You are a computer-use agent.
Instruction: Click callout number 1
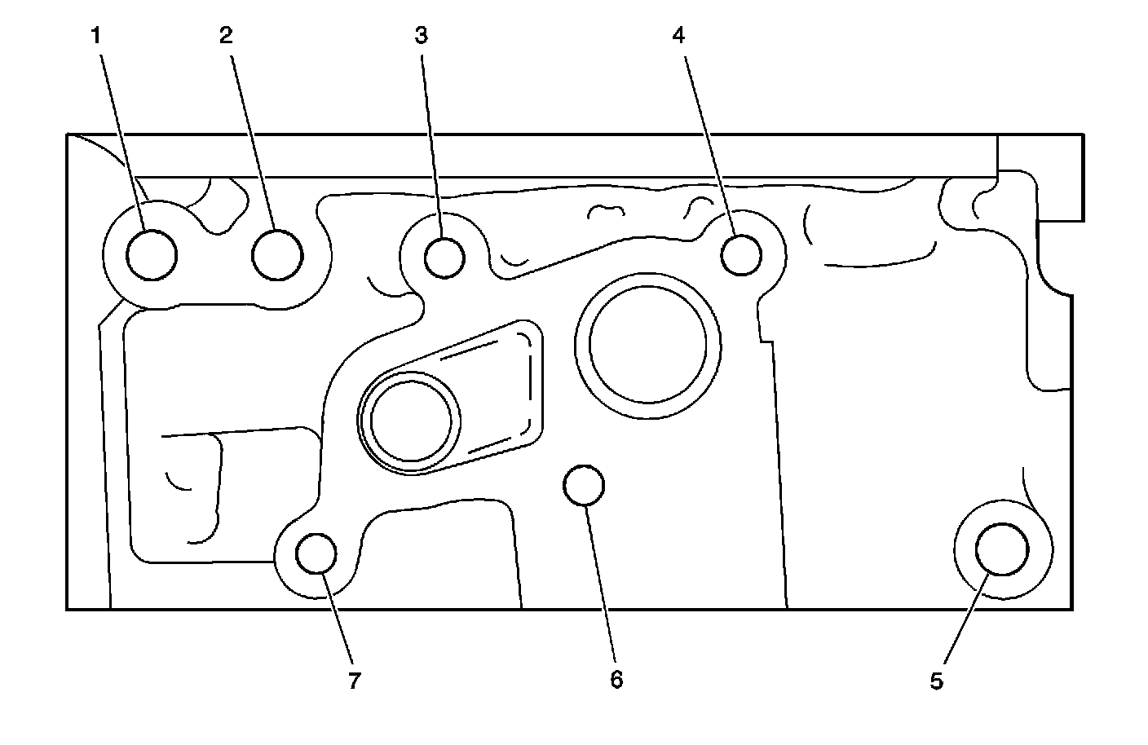point(96,35)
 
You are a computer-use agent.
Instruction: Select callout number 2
point(225,35)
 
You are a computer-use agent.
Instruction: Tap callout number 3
point(421,35)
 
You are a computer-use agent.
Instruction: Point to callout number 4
point(678,35)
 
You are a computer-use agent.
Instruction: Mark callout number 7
point(354,681)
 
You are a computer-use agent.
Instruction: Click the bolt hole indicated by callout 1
point(152,254)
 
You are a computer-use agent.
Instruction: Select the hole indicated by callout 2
point(277,254)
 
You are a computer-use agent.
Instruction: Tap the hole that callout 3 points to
point(445,257)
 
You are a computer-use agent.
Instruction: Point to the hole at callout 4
point(741,254)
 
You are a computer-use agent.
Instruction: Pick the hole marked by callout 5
point(1001,549)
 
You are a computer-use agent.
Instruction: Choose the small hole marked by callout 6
point(584,485)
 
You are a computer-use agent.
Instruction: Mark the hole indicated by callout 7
point(316,554)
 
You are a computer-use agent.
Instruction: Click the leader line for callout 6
point(602,579)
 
